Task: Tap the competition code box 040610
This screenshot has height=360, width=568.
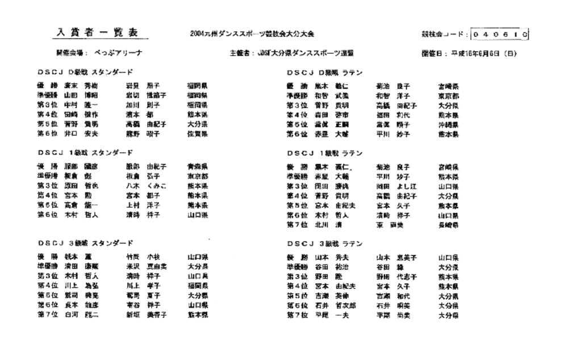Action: (500, 34)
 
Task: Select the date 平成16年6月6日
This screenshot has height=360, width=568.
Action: (483, 54)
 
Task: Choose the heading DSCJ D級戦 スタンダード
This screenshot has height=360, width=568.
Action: (86, 72)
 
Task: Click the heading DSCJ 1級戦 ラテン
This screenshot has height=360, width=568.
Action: (325, 153)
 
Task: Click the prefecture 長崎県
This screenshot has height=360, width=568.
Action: (448, 225)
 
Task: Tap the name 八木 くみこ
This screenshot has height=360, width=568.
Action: (146, 186)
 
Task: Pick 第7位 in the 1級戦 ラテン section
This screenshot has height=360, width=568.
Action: (296, 225)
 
